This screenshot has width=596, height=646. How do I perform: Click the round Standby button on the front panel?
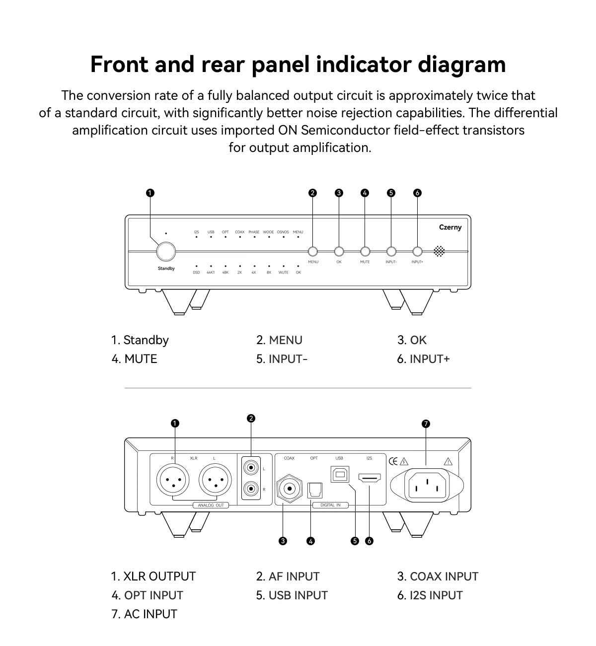tap(166, 251)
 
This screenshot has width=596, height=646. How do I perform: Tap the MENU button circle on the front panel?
tap(313, 251)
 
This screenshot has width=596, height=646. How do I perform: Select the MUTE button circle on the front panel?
tap(365, 251)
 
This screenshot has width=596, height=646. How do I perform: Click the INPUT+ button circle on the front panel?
tap(417, 251)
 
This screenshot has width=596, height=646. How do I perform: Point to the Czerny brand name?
tap(450, 227)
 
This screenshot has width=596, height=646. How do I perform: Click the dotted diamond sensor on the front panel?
tap(439, 251)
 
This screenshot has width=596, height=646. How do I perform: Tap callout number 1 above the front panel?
tap(150, 193)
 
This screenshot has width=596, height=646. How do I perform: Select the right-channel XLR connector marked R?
tap(173, 481)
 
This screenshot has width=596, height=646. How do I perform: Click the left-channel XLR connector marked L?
tap(215, 481)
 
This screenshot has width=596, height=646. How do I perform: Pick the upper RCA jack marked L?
tap(252, 468)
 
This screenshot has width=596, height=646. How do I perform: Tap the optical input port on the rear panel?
tap(315, 490)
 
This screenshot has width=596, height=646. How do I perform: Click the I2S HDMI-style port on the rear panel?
tap(370, 479)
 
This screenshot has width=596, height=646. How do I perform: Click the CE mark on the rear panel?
tap(393, 461)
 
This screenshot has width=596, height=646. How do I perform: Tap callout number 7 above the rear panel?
tap(426, 424)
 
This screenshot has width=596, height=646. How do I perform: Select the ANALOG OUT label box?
tap(211, 505)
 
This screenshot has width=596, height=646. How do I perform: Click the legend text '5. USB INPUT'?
tap(292, 595)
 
